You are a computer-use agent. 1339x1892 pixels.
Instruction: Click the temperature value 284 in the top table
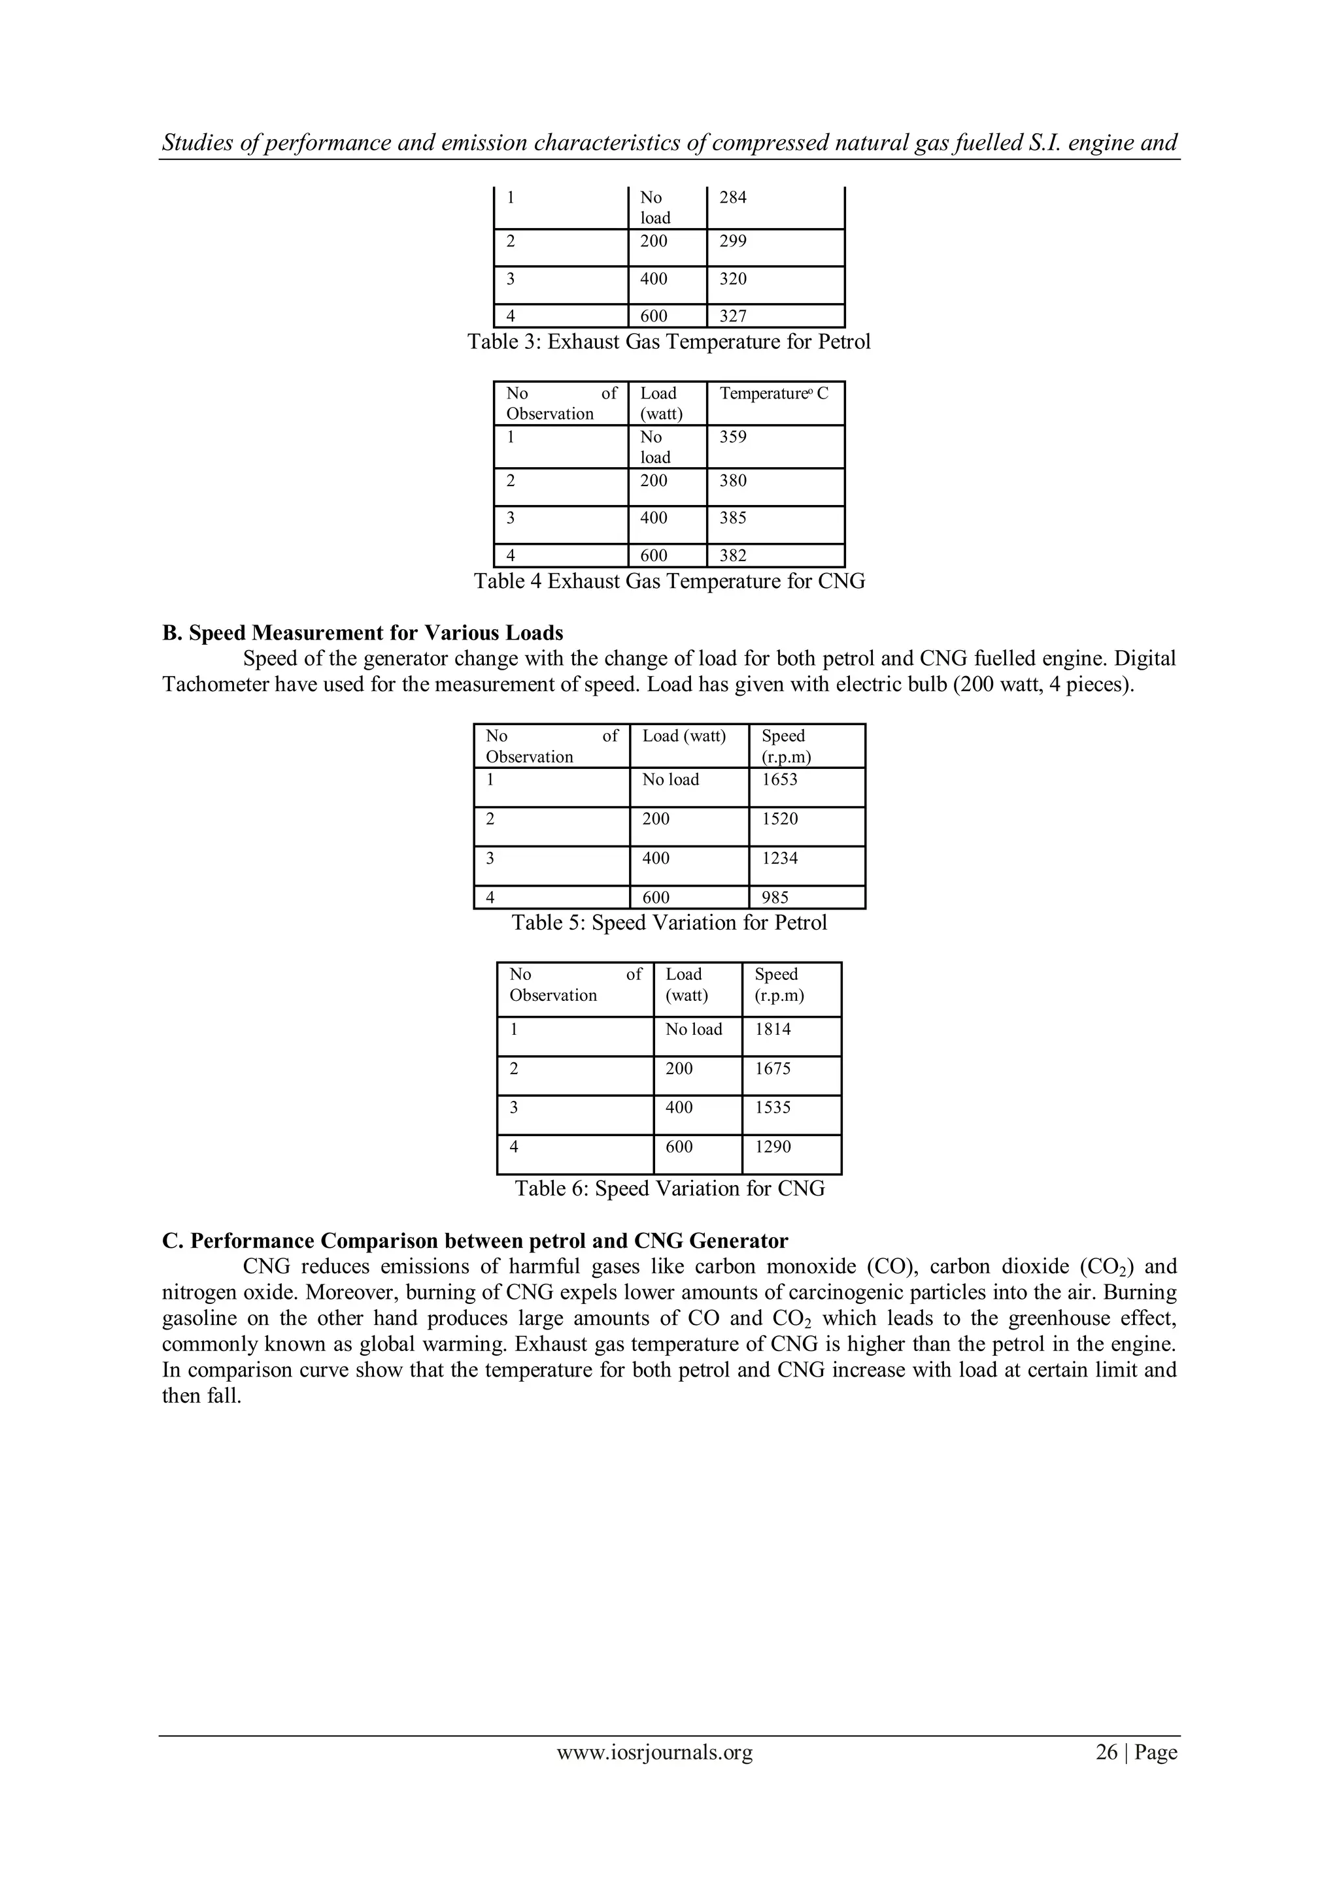point(732,198)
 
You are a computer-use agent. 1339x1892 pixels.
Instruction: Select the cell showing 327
point(732,316)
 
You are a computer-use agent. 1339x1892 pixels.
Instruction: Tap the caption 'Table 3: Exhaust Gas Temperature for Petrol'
point(669,342)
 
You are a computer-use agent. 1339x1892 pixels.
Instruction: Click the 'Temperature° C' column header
point(773,394)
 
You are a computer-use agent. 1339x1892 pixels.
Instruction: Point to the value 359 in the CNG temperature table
point(732,438)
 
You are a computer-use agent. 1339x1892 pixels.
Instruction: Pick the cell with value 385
point(732,518)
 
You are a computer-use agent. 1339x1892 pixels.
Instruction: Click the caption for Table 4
point(669,581)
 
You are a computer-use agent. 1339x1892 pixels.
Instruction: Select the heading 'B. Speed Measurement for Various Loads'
point(363,633)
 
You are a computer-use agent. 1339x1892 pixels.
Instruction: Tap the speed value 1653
point(779,779)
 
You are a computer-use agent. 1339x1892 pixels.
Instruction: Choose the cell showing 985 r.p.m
point(775,898)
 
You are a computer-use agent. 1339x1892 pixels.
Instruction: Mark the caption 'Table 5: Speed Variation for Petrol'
point(669,923)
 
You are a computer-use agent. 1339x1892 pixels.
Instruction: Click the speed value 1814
point(773,1029)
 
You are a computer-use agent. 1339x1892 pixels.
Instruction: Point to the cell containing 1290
point(773,1147)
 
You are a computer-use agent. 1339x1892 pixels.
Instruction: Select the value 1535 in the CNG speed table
point(773,1107)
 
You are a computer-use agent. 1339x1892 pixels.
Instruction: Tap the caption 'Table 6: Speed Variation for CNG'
point(669,1189)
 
